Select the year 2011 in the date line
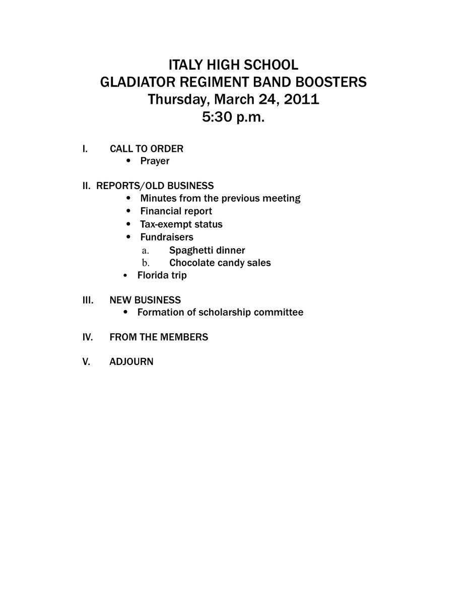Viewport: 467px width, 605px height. (301, 99)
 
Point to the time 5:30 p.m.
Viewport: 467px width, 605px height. (233, 117)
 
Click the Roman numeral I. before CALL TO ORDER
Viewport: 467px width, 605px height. (85, 149)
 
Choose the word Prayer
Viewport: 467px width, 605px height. (155, 161)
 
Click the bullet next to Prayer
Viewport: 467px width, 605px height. (129, 161)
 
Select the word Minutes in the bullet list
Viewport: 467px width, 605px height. (158, 198)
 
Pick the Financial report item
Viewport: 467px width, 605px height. (176, 211)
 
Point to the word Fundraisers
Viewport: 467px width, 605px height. (166, 237)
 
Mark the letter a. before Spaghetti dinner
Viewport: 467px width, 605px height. (145, 250)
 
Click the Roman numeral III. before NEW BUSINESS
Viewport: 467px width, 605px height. (88, 300)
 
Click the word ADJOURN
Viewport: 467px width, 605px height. (131, 362)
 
